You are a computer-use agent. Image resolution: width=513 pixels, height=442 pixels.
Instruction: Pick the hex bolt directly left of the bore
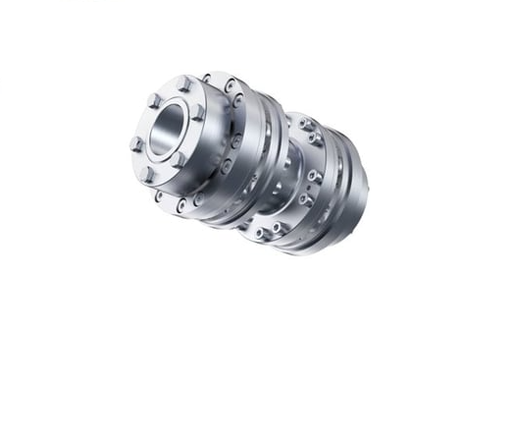[136, 144]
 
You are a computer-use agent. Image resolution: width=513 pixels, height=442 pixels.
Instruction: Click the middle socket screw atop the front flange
[229, 86]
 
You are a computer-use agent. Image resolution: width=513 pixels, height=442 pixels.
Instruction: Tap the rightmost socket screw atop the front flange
[238, 100]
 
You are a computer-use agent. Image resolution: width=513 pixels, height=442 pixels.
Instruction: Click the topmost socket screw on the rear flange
[305, 124]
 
